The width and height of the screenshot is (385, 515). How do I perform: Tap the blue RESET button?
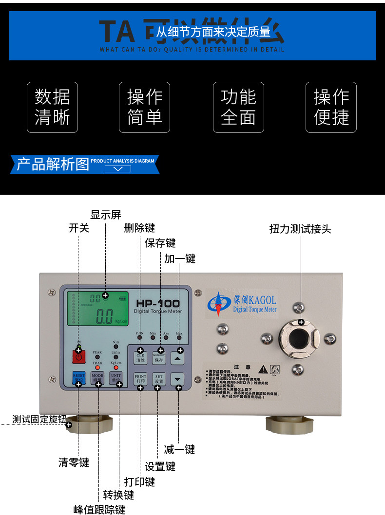point(78,378)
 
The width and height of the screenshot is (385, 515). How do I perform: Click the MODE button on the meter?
point(97,378)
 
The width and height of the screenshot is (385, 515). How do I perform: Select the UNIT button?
point(115,378)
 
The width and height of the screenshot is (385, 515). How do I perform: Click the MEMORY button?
point(159,358)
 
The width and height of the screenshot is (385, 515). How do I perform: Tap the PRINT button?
point(140,379)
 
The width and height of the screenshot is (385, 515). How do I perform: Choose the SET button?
point(159,379)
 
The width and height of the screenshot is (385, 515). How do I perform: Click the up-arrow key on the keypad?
point(178,359)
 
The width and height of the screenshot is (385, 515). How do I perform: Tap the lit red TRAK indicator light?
point(97,368)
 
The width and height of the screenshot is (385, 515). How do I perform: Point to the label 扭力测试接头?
point(300,229)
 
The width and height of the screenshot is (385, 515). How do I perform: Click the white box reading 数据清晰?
point(52,107)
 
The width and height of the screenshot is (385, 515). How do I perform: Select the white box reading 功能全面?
point(238,107)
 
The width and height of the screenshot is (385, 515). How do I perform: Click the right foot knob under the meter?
point(288,424)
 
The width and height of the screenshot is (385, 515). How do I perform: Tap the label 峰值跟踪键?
point(99,509)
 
